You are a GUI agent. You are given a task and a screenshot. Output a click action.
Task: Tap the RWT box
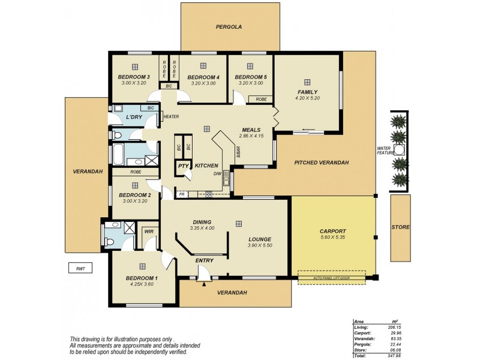79,269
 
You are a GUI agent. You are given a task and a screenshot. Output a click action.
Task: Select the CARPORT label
334,230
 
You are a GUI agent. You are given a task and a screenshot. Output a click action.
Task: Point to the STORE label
400,227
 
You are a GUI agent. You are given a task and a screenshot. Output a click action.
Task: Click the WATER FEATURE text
384,151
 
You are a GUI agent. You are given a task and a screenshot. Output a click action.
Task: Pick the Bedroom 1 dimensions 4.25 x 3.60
142,284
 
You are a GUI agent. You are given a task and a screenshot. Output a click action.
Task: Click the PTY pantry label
182,166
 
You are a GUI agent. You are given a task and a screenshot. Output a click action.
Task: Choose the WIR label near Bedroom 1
148,231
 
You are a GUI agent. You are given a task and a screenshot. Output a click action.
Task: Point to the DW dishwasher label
217,174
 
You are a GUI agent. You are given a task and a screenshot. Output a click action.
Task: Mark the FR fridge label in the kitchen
181,194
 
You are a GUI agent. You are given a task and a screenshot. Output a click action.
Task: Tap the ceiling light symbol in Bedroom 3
136,67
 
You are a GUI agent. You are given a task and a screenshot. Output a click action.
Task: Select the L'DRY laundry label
134,117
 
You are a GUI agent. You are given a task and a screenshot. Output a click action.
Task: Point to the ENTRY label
204,260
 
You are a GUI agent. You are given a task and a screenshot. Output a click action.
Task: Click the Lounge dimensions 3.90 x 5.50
260,245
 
